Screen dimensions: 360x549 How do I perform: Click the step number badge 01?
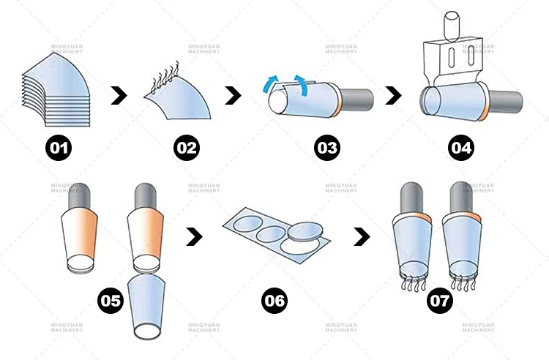[59, 149]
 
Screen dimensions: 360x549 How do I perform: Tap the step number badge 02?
[186, 149]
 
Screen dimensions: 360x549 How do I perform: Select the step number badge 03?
[327, 149]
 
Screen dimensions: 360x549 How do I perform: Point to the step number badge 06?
[275, 300]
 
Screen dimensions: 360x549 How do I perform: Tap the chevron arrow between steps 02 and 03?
[233, 95]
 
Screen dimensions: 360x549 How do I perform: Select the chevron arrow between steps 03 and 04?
[394, 95]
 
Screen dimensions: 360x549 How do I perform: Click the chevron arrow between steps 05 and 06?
[195, 236]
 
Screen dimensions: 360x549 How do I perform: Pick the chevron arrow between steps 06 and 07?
[362, 236]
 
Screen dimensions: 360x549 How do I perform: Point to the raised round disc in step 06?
[305, 232]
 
